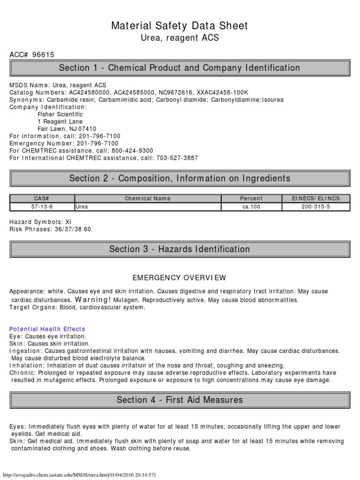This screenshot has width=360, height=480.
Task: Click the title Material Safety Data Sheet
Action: pos(180,26)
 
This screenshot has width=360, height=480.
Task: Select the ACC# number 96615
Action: pos(43,55)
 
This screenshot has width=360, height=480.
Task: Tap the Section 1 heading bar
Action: pos(180,68)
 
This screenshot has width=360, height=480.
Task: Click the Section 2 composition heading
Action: pos(180,178)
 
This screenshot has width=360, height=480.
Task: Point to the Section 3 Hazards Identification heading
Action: pos(180,249)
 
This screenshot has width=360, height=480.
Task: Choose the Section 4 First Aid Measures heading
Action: pos(180,400)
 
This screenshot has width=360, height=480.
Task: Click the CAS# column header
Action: pos(42,198)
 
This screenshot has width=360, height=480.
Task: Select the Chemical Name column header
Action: pos(147,198)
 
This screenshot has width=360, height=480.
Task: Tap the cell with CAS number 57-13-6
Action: pos(42,207)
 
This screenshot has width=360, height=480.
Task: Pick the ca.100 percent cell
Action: pos(251,207)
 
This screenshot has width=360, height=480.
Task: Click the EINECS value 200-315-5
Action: pos(315,207)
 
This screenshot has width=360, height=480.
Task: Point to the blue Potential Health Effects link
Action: pos(47,329)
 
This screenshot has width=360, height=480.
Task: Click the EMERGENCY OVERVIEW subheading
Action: pos(180,277)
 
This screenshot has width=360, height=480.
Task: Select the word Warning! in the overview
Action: pos(93,300)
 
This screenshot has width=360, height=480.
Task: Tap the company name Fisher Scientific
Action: pos(60,114)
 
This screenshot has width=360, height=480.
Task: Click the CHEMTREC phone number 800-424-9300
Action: pos(132,150)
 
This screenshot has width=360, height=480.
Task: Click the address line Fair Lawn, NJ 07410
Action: pos(67,129)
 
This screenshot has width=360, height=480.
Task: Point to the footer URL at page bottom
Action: pos(80,474)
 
